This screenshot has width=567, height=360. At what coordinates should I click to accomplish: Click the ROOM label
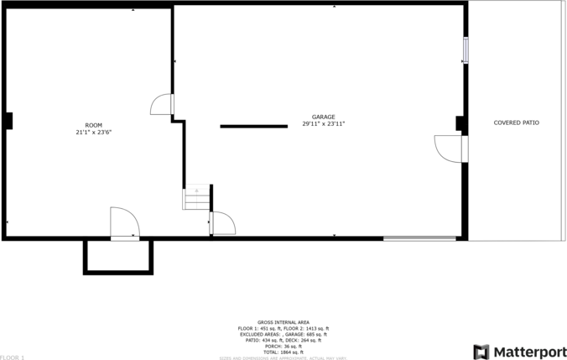(x=93, y=125)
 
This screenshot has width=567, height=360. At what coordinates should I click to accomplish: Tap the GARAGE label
(x=324, y=117)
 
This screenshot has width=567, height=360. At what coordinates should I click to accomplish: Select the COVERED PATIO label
(x=516, y=123)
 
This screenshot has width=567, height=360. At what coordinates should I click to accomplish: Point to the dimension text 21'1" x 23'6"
(x=93, y=132)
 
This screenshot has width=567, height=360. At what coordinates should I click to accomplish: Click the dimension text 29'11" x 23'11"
(x=324, y=123)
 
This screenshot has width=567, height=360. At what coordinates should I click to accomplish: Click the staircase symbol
(x=195, y=198)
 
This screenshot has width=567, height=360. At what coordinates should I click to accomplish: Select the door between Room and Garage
(x=163, y=104)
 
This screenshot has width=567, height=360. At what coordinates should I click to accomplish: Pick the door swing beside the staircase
(x=222, y=223)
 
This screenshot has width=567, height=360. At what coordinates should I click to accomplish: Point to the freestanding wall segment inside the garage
(x=253, y=127)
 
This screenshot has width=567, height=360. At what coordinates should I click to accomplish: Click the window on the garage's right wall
(x=465, y=50)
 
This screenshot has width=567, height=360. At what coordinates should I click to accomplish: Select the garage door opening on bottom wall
(x=420, y=238)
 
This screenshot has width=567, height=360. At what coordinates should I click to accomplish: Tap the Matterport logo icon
(x=481, y=351)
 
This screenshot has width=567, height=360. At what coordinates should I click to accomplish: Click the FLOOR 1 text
(x=13, y=357)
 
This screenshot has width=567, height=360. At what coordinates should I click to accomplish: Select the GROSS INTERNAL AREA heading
(x=283, y=321)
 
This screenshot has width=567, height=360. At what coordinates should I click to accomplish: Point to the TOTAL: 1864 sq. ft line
(x=283, y=352)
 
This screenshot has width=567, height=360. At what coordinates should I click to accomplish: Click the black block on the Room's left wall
(x=8, y=121)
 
